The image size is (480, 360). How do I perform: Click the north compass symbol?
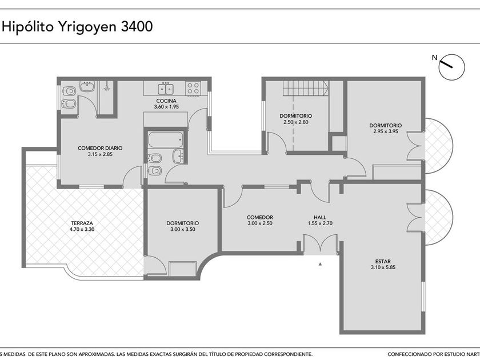[x=451, y=67]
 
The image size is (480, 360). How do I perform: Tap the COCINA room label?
[x=166, y=101]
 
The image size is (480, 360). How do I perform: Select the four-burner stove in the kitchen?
[x=193, y=89]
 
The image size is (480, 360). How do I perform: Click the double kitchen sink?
[x=166, y=89]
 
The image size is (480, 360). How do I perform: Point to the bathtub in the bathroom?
[x=166, y=139]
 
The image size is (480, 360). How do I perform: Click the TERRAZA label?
[x=82, y=223]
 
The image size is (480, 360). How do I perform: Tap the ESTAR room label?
[x=383, y=262]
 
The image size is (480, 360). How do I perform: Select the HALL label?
[x=320, y=217]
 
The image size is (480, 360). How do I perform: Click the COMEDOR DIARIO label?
[x=100, y=148]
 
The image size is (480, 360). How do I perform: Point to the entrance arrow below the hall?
[x=320, y=264]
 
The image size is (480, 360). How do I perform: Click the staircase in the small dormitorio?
[x=306, y=88]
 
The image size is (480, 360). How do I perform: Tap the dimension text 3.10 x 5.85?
[x=383, y=267]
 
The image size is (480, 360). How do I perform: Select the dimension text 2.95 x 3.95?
[x=385, y=131]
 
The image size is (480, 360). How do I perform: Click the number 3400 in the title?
[x=137, y=27]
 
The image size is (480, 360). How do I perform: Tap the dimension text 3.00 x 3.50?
[x=183, y=229]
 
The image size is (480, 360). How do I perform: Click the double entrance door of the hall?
[x=320, y=243]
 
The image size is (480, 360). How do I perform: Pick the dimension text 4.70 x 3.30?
[x=82, y=229]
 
